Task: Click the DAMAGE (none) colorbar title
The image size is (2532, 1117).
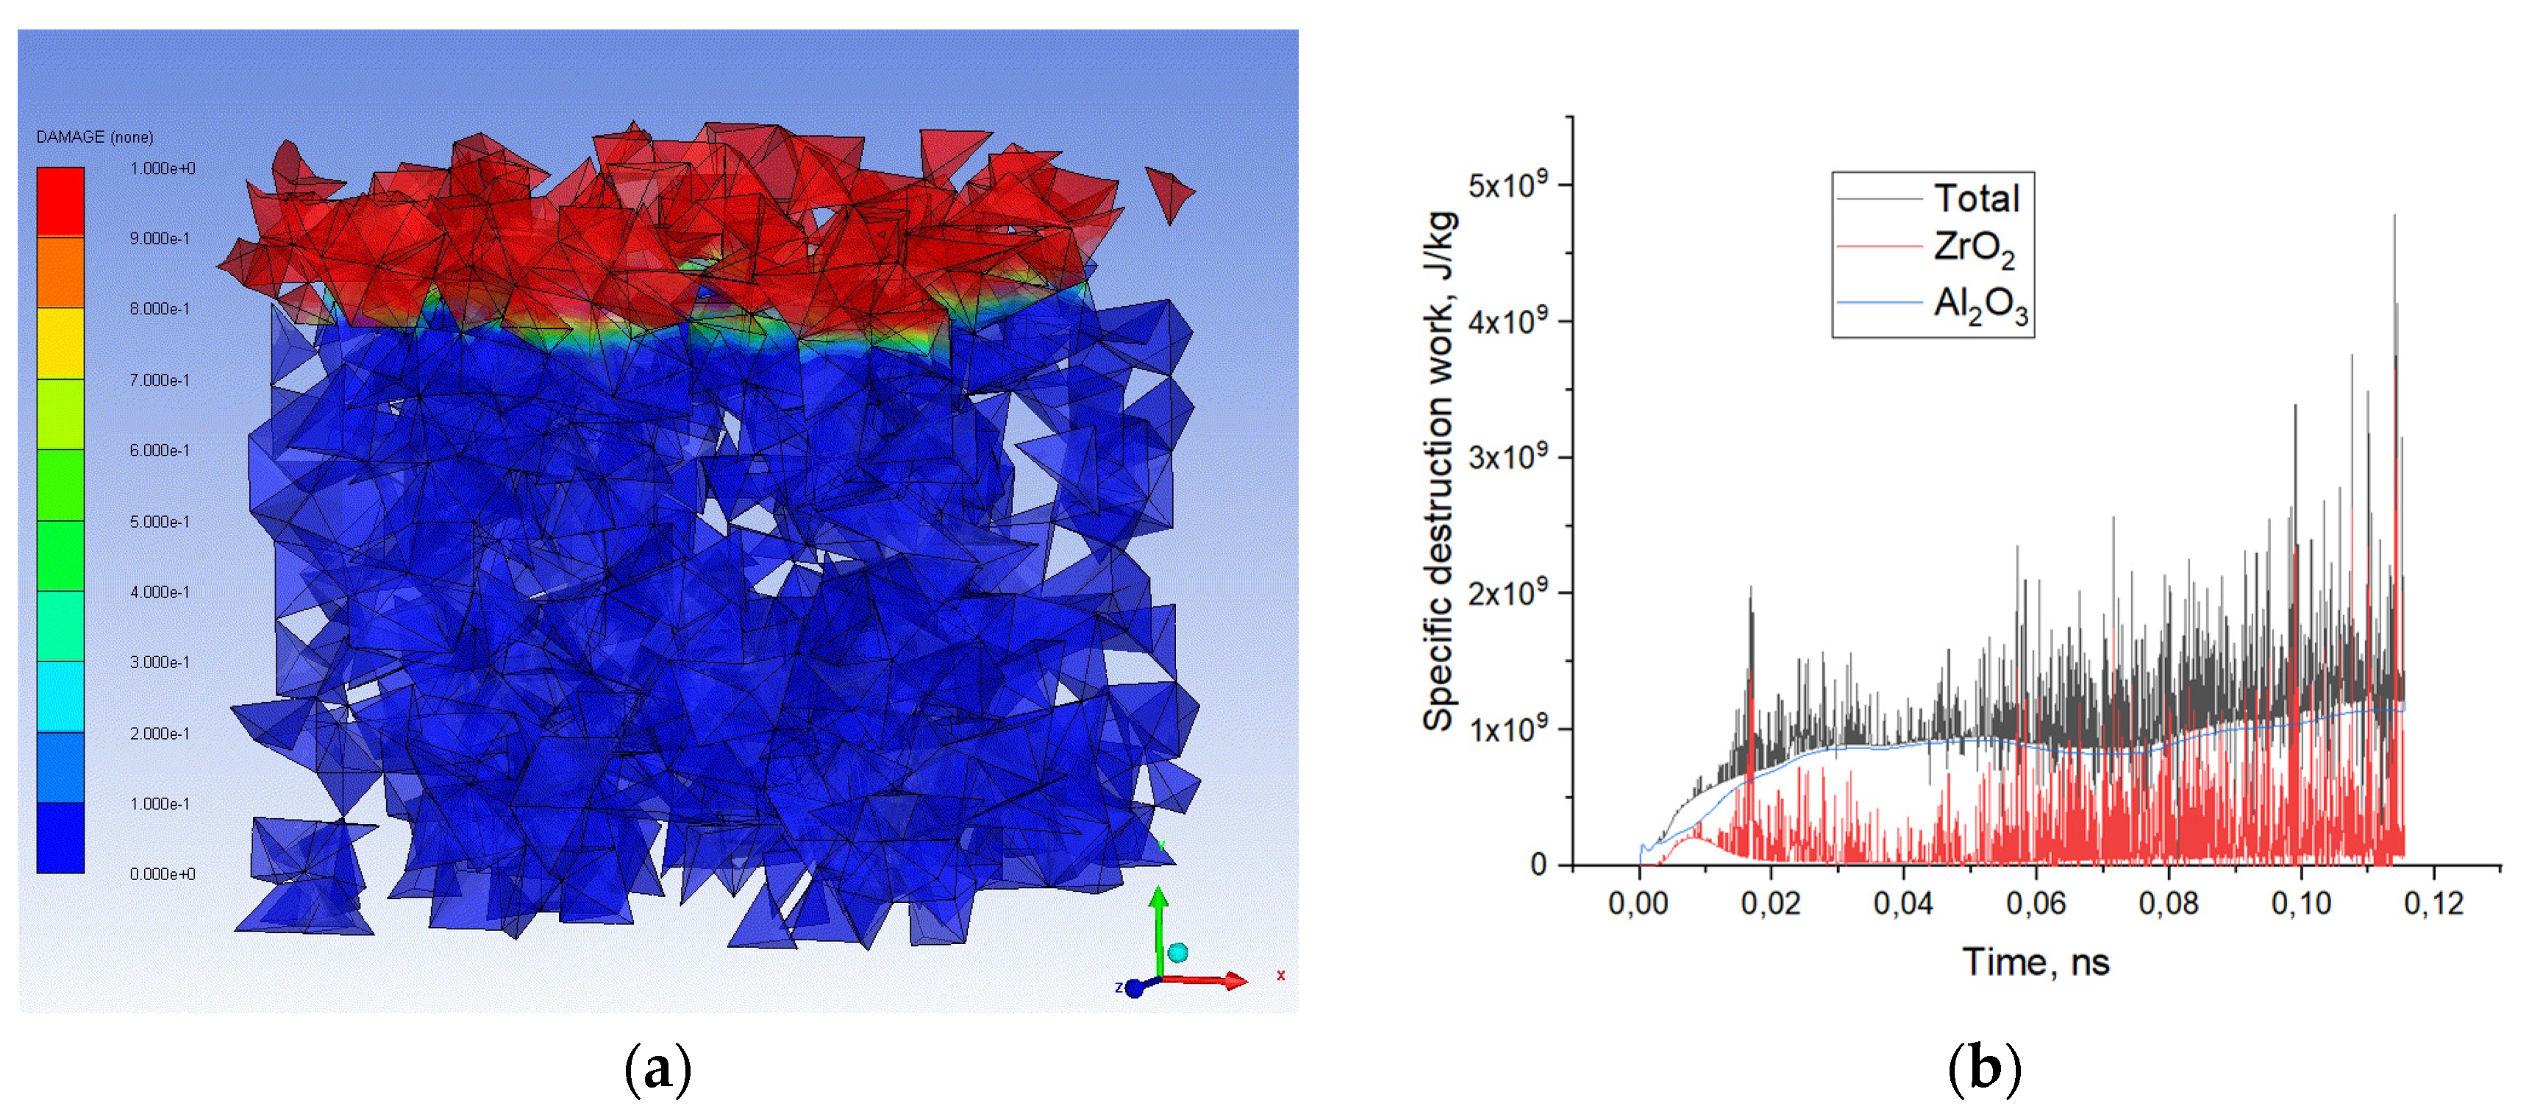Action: click(x=94, y=137)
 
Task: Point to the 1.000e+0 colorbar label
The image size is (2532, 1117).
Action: click(x=163, y=169)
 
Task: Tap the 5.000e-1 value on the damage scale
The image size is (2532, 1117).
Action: click(x=160, y=521)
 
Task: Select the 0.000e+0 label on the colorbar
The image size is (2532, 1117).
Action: click(x=163, y=874)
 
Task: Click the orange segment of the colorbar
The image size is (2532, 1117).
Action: click(x=60, y=272)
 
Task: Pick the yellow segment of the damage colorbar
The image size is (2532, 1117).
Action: click(x=60, y=342)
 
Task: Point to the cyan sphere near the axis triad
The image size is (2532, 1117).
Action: click(x=1177, y=952)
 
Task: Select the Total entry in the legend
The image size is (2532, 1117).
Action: click(x=1976, y=199)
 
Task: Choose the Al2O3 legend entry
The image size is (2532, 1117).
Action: click(x=1980, y=304)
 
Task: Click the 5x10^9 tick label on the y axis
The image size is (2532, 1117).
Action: click(x=1507, y=184)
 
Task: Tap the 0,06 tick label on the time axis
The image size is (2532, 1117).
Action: click(x=2036, y=903)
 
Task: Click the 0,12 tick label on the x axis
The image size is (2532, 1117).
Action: click(x=2433, y=903)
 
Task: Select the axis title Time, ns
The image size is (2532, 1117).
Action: click(x=2036, y=962)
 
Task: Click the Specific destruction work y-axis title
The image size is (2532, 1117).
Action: click(x=1438, y=472)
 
